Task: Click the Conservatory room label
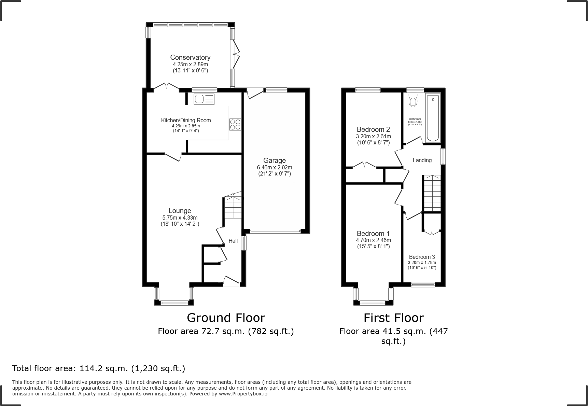click(190, 57)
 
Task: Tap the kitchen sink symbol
click(204, 99)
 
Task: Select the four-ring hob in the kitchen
click(235, 124)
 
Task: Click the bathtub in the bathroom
click(433, 118)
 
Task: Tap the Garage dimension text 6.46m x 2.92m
click(275, 168)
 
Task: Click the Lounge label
click(180, 211)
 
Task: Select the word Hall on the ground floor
click(233, 241)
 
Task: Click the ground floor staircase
click(233, 208)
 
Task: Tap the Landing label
click(422, 160)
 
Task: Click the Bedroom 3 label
click(422, 257)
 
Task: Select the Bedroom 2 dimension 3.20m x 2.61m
click(373, 136)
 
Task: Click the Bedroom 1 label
click(373, 234)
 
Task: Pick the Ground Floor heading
click(226, 318)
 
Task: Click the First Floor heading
click(393, 318)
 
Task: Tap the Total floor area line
click(99, 368)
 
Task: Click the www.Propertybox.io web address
click(243, 394)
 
